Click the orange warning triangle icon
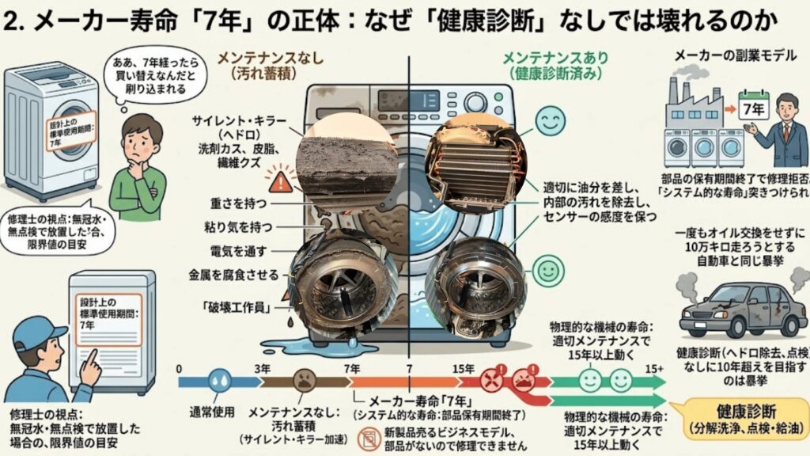[x=279, y=181]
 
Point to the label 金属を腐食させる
[x=240, y=275]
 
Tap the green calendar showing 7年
[x=752, y=104]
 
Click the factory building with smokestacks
[x=691, y=101]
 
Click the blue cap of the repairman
[x=38, y=332]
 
